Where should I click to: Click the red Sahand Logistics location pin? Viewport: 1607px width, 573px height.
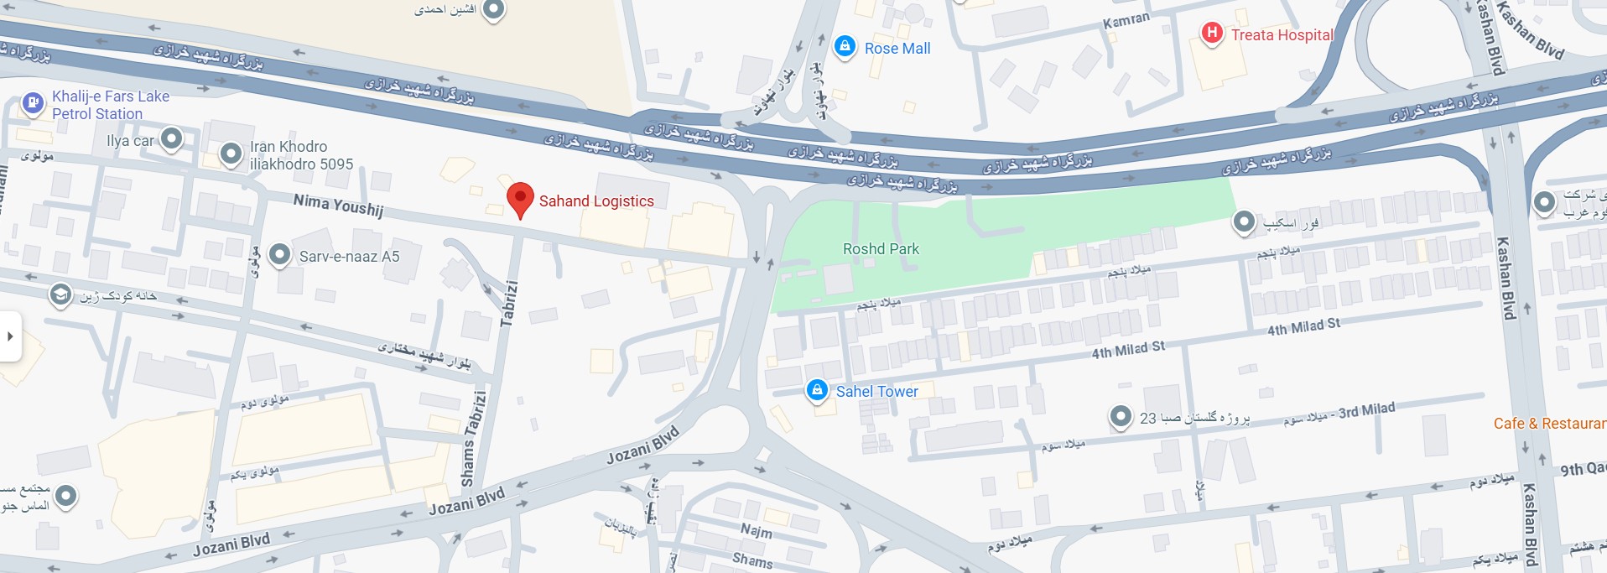coord(520,200)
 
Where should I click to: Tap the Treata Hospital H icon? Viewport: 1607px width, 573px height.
coord(1211,33)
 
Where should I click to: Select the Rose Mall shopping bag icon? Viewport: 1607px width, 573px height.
coord(845,46)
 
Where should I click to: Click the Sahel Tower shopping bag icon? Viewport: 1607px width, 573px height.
coord(817,390)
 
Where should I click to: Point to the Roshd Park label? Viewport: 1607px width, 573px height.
coord(881,249)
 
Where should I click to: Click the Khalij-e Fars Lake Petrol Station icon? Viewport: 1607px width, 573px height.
coord(33,103)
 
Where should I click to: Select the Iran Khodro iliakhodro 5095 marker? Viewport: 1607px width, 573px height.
coord(231,154)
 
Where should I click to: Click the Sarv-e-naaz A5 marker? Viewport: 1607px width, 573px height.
coord(279,254)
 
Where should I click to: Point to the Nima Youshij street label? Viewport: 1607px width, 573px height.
coord(338,205)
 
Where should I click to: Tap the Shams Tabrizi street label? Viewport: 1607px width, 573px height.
coord(474,438)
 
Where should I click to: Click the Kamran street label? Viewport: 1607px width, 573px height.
coord(1126,20)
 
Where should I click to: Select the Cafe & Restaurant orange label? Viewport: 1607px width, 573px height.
coord(1548,424)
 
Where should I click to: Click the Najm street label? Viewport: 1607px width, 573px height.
coord(756,530)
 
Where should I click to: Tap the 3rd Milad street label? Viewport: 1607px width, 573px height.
coord(1366,410)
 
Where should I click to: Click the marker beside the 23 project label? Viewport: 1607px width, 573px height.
coord(1121,416)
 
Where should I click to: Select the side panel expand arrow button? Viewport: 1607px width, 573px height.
coord(10,336)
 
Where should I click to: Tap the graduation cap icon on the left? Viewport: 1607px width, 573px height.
coord(60,295)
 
